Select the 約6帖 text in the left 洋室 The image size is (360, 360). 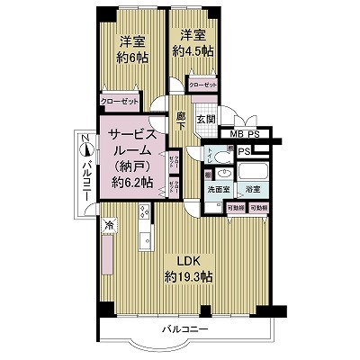(x=132, y=56)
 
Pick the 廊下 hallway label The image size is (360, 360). (x=181, y=119)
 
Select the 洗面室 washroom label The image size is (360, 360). (x=220, y=191)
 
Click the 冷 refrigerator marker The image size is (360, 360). (x=107, y=224)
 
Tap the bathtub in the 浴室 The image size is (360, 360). (x=253, y=171)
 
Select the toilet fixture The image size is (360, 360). (x=212, y=153)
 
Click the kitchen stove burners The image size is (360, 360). (x=144, y=212)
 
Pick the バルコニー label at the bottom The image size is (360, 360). (x=184, y=330)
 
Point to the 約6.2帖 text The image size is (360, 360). (x=131, y=182)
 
